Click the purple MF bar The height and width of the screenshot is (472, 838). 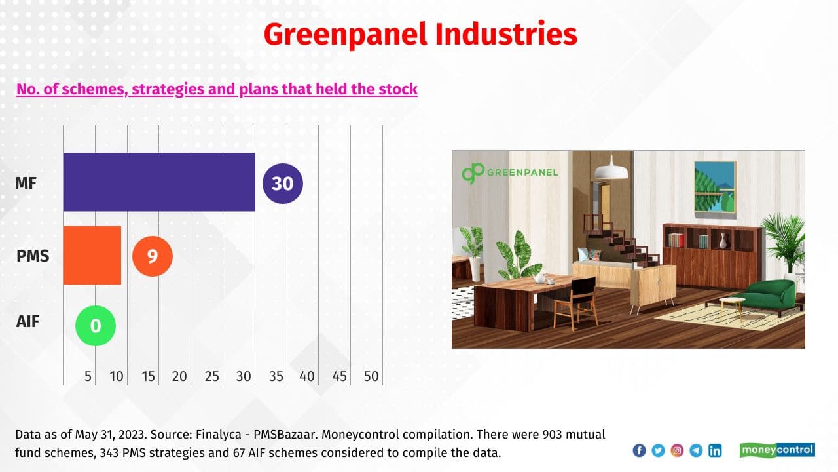159,182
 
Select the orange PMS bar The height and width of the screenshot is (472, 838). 92,255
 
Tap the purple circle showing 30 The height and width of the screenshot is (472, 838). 282,184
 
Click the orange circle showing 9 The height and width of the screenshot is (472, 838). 152,256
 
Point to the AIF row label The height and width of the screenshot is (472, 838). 27,323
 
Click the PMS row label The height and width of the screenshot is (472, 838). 33,256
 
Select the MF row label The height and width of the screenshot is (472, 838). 26,184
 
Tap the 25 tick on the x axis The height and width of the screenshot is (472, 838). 212,377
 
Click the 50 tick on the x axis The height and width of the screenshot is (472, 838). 371,377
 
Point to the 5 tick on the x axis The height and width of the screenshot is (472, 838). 88,377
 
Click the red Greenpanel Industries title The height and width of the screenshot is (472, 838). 420,34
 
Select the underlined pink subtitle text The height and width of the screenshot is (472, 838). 217,89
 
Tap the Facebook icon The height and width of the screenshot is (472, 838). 639,450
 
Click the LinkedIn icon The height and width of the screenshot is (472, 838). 715,450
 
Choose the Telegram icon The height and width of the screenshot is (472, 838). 696,450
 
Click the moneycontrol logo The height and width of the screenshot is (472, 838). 777,450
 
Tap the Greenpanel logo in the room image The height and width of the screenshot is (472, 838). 510,172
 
